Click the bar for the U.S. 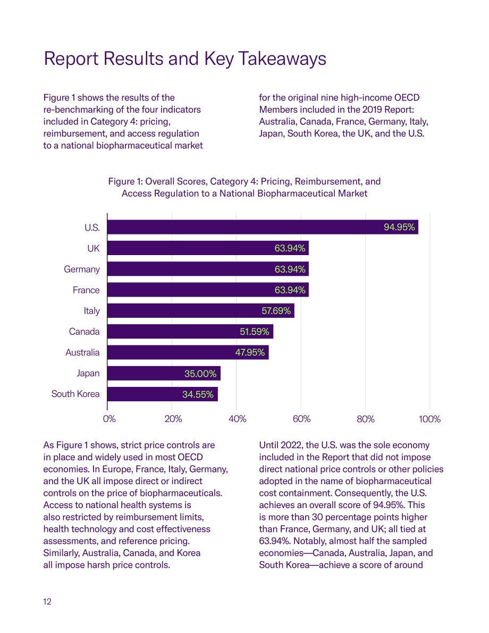(x=263, y=227)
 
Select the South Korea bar (x=163, y=394)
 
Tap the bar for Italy (x=201, y=310)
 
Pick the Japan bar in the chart (x=164, y=374)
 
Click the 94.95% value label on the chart (x=399, y=227)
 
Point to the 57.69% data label (x=276, y=311)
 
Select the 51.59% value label (x=255, y=332)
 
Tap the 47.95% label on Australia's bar (x=250, y=352)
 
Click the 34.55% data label (x=198, y=394)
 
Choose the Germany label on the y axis (x=82, y=269)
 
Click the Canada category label (x=85, y=332)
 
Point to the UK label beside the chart (x=93, y=248)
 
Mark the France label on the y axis (x=86, y=290)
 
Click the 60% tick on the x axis (x=301, y=419)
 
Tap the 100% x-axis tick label (x=429, y=419)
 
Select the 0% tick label (x=109, y=419)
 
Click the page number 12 (x=47, y=602)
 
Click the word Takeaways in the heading (x=282, y=58)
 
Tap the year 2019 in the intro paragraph (x=373, y=109)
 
